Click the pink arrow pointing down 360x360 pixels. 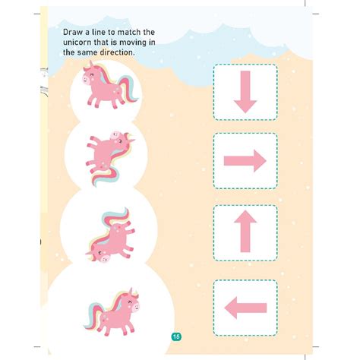pos(245,92)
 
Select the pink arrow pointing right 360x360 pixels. pos(245,160)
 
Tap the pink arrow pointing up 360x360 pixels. pos(245,232)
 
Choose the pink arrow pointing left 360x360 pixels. pos(245,307)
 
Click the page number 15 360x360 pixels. pos(175,336)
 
